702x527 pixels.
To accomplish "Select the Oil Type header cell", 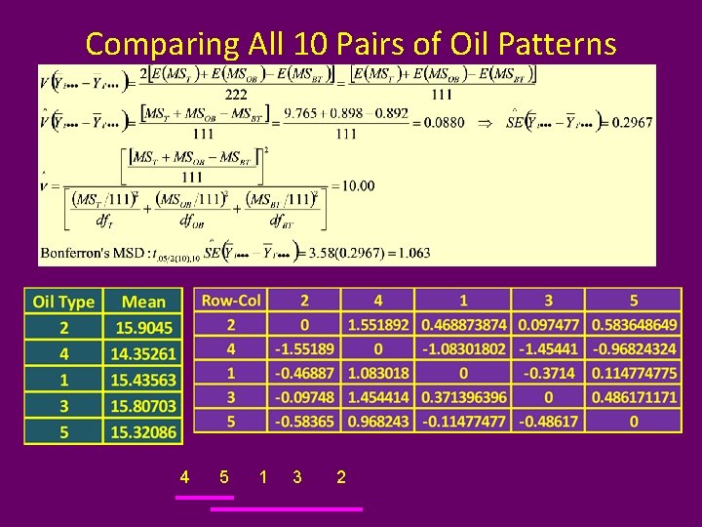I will [63, 302].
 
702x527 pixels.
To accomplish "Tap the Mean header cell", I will [144, 302].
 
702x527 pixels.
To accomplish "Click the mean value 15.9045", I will [144, 328].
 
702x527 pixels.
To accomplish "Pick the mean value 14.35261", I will [144, 353].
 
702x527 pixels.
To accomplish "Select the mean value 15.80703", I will [144, 405].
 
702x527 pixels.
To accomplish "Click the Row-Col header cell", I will [231, 301].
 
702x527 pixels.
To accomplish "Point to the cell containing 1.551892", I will [378, 324].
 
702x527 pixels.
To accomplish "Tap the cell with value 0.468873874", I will [463, 324].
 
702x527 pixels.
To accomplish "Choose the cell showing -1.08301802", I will [463, 348].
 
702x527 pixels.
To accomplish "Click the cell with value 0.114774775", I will [634, 373].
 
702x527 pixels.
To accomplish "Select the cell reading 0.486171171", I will [634, 397].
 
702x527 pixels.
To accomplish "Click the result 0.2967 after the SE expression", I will [633, 123].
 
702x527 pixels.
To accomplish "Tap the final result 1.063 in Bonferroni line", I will [412, 254].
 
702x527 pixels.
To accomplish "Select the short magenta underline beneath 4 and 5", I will [205, 497].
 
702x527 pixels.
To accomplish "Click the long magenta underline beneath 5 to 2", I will [287, 508].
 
